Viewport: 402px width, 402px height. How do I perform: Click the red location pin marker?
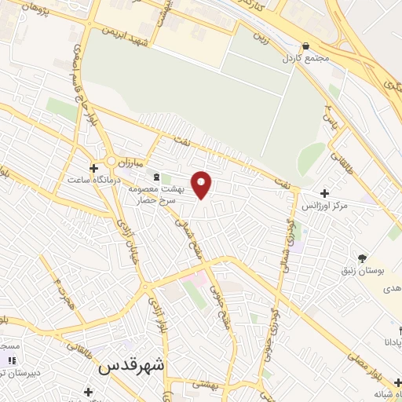[x=203, y=185]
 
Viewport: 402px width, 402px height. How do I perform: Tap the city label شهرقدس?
[x=132, y=367]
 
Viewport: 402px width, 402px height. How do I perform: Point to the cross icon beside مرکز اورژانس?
[x=324, y=193]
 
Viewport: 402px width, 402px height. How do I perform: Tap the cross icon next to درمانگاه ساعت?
[x=94, y=167]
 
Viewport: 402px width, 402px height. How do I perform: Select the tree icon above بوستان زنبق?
[x=362, y=258]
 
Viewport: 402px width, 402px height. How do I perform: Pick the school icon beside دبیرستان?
[x=11, y=360]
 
